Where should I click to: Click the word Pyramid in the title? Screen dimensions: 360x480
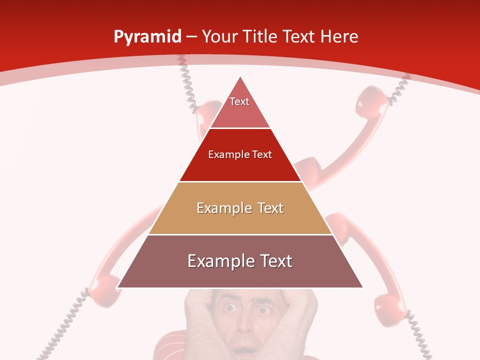coord(147,37)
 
